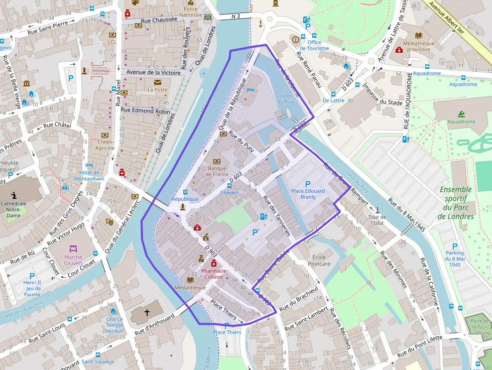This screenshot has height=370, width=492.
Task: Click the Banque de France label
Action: point(217,171)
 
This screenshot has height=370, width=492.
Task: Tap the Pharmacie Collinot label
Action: point(213,274)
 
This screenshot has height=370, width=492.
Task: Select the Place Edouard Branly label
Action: point(308,194)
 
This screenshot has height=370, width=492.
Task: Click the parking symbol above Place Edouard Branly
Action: point(308,184)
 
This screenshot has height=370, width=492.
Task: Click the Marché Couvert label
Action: point(73,260)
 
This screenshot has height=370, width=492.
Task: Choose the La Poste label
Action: point(157,90)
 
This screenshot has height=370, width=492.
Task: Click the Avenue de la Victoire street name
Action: point(153,72)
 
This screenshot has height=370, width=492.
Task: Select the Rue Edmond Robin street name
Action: point(145,110)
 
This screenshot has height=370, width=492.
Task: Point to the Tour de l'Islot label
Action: point(377,220)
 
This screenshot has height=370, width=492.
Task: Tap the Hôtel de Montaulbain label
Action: point(89,175)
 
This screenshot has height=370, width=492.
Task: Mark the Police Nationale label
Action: point(191,12)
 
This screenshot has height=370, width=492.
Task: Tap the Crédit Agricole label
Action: point(105,145)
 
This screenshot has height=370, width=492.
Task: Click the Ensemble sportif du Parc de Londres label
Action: point(455,203)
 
